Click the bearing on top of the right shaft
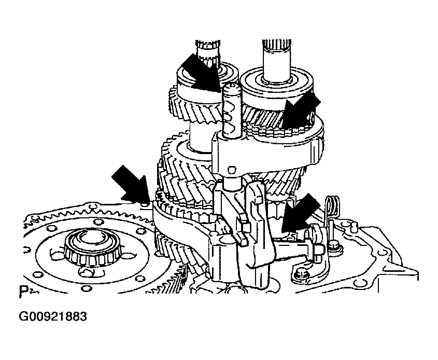278,83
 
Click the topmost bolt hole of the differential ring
97,223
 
